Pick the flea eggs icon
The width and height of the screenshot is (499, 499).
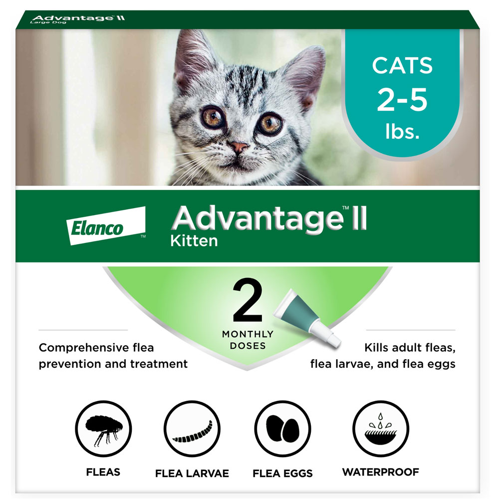tap(282, 429)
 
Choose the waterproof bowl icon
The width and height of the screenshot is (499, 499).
tap(380, 429)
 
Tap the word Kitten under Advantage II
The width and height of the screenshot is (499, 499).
tap(194, 241)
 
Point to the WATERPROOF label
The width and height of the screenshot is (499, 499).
tap(380, 472)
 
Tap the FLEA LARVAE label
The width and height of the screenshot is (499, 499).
tap(192, 473)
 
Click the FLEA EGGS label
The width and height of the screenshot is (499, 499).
tap(282, 473)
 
